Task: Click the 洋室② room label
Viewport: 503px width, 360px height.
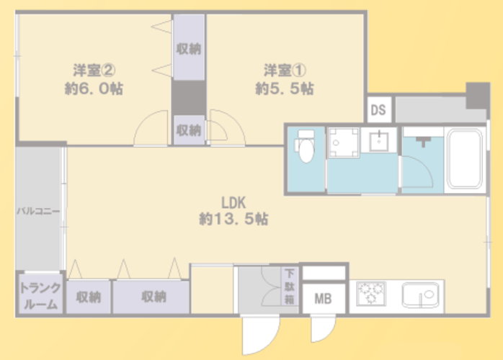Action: pyautogui.click(x=94, y=71)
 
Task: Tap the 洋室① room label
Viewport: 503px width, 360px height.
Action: pyautogui.click(x=285, y=71)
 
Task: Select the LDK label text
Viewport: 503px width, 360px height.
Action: pyautogui.click(x=233, y=202)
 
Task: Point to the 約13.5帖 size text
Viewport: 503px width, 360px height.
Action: pyautogui.click(x=233, y=219)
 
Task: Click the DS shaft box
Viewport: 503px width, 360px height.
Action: pyautogui.click(x=379, y=109)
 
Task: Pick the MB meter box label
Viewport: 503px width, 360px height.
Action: pyautogui.click(x=323, y=299)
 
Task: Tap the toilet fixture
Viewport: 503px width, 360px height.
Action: pyautogui.click(x=306, y=146)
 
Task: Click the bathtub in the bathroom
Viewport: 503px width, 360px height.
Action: pyautogui.click(x=465, y=158)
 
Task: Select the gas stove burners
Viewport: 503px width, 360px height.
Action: pyautogui.click(x=371, y=293)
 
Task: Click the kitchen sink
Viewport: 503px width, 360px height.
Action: pyautogui.click(x=421, y=294)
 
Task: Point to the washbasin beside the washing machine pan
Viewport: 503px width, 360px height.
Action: pyautogui.click(x=379, y=141)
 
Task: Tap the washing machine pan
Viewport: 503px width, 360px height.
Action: pyautogui.click(x=344, y=143)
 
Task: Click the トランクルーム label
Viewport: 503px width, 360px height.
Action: pyautogui.click(x=40, y=296)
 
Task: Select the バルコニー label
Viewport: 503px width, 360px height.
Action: pyautogui.click(x=38, y=211)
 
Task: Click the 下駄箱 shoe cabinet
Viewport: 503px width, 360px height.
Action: pyautogui.click(x=290, y=287)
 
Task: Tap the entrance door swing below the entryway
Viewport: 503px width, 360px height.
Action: pyautogui.click(x=260, y=335)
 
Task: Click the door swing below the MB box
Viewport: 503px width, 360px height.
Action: pyautogui.click(x=323, y=328)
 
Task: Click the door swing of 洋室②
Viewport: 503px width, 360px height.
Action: pyautogui.click(x=151, y=127)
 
